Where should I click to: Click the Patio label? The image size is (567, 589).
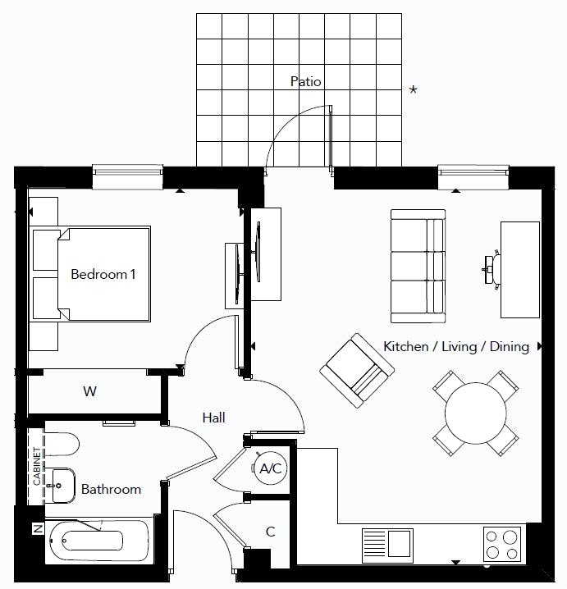pyautogui.click(x=305, y=81)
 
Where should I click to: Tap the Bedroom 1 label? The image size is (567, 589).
pyautogui.click(x=103, y=274)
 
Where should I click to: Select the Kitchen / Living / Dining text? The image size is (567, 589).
pyautogui.click(x=455, y=346)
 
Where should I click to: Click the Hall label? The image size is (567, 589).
pyautogui.click(x=213, y=418)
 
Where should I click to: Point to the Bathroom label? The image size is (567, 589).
pyautogui.click(x=111, y=489)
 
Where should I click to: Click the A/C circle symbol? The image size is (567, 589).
pyautogui.click(x=270, y=470)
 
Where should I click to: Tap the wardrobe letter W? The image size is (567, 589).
pyautogui.click(x=89, y=391)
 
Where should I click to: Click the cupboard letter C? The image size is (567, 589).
pyautogui.click(x=270, y=532)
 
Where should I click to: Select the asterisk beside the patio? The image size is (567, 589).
pyautogui.click(x=413, y=90)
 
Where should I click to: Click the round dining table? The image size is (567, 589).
pyautogui.click(x=476, y=413)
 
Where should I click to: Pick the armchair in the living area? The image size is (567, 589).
pyautogui.click(x=353, y=370)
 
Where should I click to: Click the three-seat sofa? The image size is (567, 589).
pyautogui.click(x=418, y=266)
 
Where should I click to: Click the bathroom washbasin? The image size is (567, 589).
pyautogui.click(x=60, y=486)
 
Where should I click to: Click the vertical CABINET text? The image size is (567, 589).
pyautogui.click(x=36, y=466)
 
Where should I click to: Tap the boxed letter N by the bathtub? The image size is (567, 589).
pyautogui.click(x=36, y=529)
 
